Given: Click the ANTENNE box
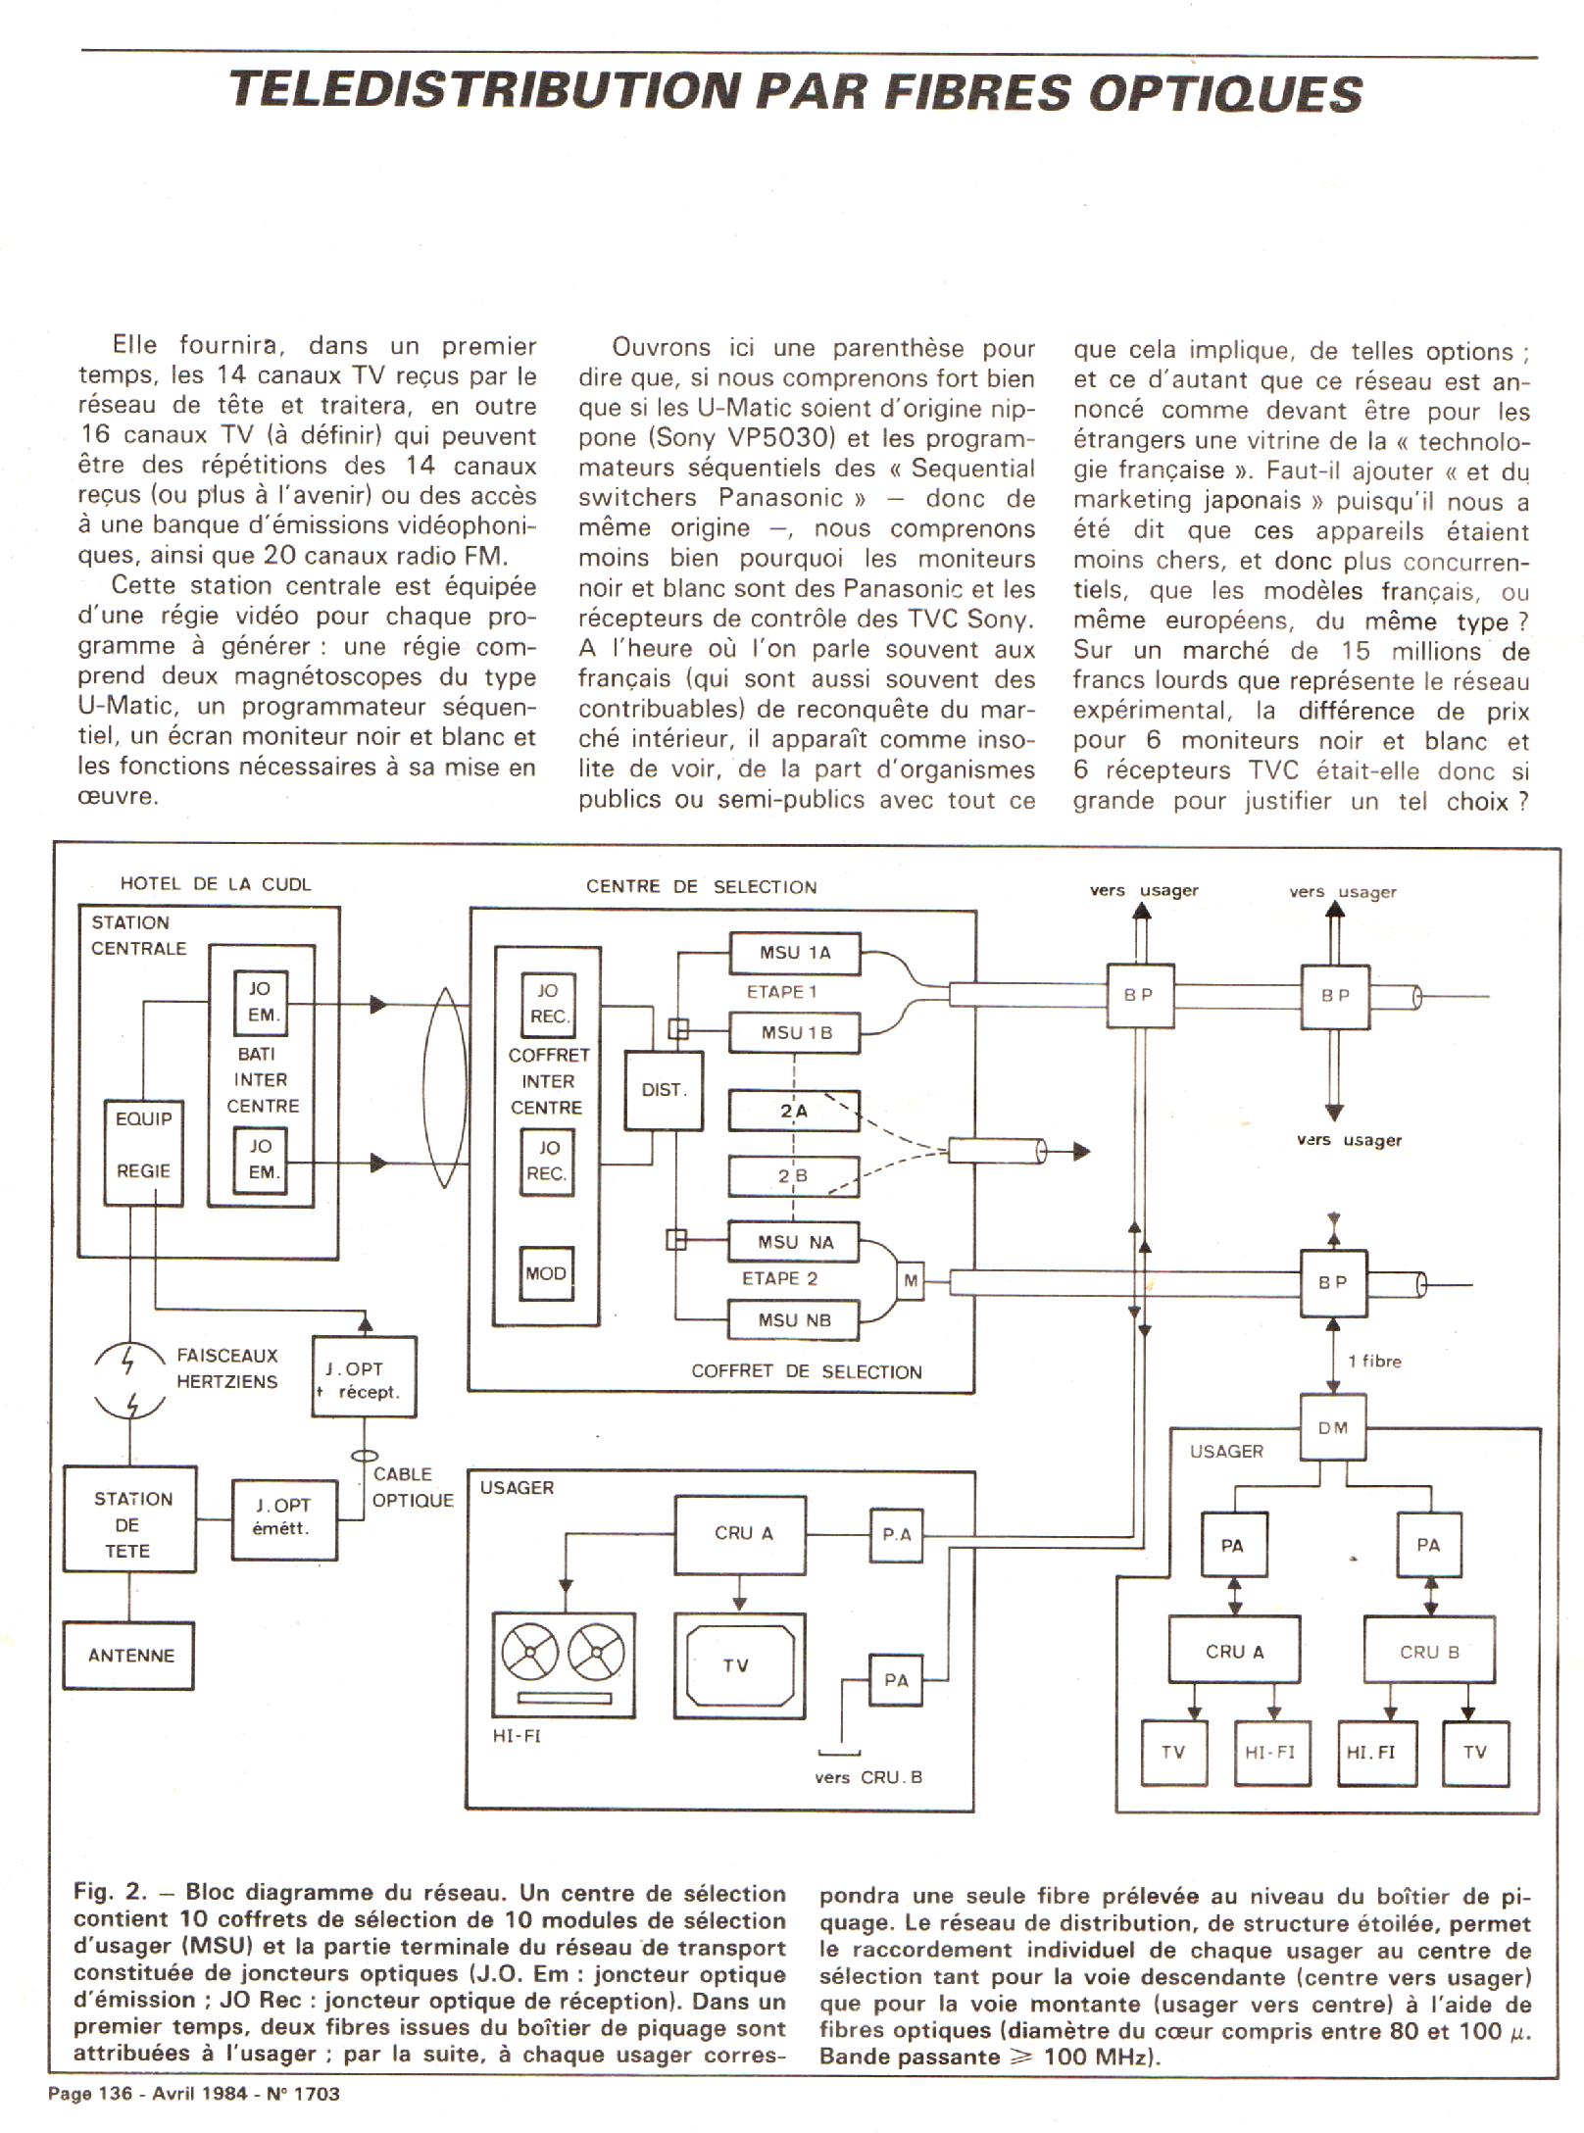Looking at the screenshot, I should (129, 1656).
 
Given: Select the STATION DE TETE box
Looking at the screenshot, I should (130, 1524).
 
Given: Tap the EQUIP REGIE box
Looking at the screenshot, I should (143, 1151).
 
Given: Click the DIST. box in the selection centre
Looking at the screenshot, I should (664, 1090).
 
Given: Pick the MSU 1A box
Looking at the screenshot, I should (794, 953).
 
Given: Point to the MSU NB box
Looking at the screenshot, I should (794, 1320).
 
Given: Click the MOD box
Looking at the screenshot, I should (546, 1273).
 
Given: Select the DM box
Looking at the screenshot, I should (1332, 1428).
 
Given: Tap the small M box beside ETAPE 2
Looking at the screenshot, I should (911, 1280).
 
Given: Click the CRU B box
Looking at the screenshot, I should (1429, 1652).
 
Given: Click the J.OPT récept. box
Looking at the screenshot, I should (365, 1378).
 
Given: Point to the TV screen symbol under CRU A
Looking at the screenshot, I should (739, 1664).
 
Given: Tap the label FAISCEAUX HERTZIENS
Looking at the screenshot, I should (226, 1368).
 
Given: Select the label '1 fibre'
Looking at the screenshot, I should (1374, 1361).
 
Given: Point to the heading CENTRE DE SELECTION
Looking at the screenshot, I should (701, 887).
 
